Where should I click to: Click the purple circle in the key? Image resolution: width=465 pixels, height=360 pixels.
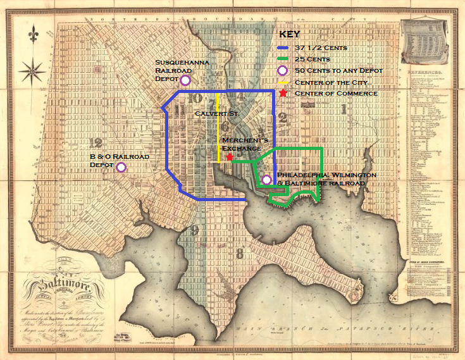(x=283, y=70)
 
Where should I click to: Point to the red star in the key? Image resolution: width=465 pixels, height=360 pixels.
(x=283, y=93)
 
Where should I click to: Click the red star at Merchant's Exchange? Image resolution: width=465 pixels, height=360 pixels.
(x=229, y=156)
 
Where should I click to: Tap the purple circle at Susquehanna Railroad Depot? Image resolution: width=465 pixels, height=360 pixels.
(x=185, y=80)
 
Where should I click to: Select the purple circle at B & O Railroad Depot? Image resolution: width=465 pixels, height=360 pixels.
(x=121, y=166)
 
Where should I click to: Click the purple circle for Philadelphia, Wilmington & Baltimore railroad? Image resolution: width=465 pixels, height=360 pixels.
(x=266, y=180)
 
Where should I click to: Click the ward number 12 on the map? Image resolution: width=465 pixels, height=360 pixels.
(x=96, y=142)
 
